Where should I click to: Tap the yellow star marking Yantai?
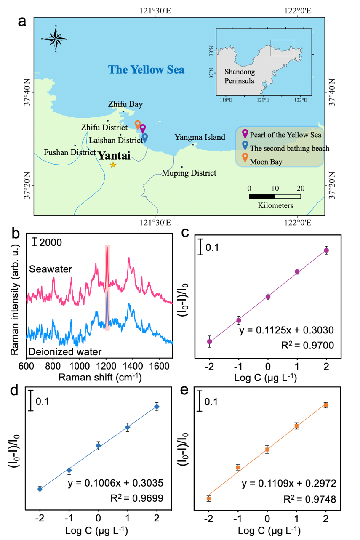[x=113, y=165]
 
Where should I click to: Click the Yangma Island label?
[x=200, y=137]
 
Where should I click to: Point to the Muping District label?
[x=189, y=173]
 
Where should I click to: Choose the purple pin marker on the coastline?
[x=143, y=129]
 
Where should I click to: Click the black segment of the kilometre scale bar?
[x=262, y=196]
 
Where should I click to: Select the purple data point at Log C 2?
[x=326, y=250]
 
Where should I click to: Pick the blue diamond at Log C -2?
[x=40, y=489]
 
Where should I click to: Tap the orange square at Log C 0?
[x=267, y=450]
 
